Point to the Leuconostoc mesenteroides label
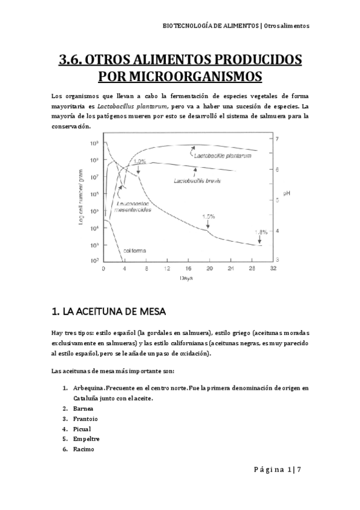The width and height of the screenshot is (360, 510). click(x=133, y=207)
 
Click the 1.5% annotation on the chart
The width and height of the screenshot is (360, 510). click(x=209, y=217)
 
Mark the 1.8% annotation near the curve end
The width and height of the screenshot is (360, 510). click(x=260, y=232)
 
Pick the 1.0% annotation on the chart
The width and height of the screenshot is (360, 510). click(x=139, y=161)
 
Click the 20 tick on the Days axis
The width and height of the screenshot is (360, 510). click(x=209, y=268)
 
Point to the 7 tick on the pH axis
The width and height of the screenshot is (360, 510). click(x=276, y=139)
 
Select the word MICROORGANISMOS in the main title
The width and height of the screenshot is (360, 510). click(x=180, y=76)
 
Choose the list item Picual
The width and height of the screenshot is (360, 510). click(x=83, y=429)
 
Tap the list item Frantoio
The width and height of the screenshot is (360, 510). click(x=85, y=419)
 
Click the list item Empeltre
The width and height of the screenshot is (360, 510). click(x=86, y=439)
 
